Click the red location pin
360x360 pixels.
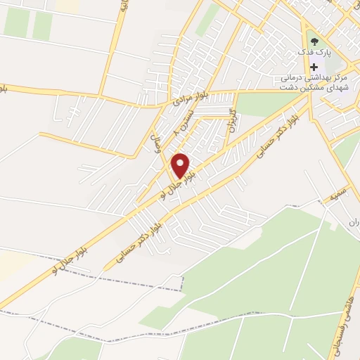click(x=181, y=166)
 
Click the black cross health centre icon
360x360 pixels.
click(x=314, y=67)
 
